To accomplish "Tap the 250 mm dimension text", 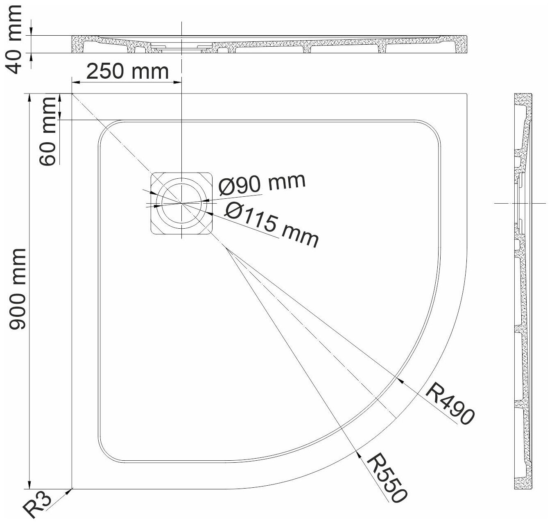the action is [127, 71].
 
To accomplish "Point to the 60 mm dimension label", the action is [48, 132].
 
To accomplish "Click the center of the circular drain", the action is [181, 203].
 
